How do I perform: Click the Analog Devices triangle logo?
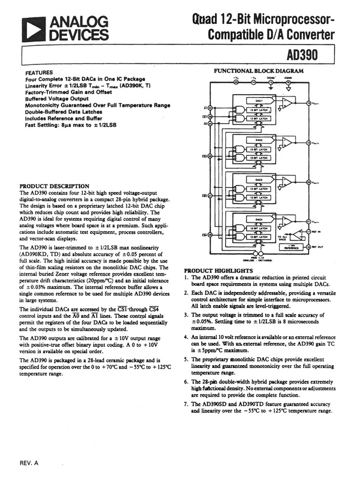[33, 29]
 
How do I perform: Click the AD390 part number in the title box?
[302, 55]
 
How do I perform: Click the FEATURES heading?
[39, 72]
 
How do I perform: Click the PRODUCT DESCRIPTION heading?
[54, 186]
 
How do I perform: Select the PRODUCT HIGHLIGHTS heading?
[218, 270]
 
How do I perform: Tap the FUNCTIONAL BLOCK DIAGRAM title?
[258, 71]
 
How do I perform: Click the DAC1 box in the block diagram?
[258, 99]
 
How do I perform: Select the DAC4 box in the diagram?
[258, 219]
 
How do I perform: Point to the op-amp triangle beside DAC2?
[289, 141]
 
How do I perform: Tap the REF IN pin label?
[318, 232]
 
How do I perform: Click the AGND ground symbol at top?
[288, 87]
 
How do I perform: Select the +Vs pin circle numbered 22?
[236, 82]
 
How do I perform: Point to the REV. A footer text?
[29, 462]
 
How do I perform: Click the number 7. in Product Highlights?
[186, 403]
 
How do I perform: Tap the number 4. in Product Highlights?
[186, 337]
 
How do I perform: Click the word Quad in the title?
[205, 19]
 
